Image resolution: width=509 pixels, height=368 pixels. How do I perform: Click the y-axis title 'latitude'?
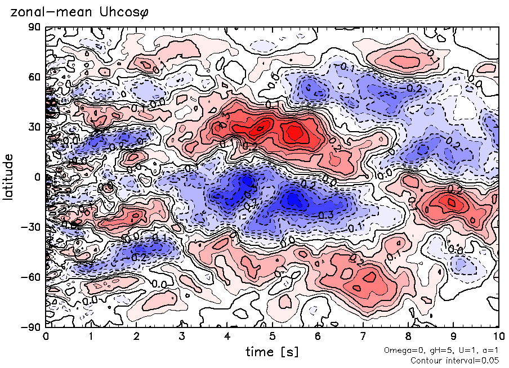pos(8,177)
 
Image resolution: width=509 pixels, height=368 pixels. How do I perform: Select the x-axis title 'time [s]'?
pos(272,352)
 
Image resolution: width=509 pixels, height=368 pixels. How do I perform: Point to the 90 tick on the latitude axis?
pos(34,26)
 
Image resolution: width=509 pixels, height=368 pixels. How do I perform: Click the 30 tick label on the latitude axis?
pos(34,127)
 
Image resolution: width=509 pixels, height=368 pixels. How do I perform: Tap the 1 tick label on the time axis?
pos(91,337)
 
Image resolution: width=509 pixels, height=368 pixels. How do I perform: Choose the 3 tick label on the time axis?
pos(181,337)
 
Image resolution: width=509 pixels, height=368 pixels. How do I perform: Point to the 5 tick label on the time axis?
pos(272,337)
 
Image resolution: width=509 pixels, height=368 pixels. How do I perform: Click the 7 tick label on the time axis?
pos(363,337)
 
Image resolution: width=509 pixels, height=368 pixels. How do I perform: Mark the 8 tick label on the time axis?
pos(408,337)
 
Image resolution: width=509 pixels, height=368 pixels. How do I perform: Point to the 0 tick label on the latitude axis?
pos(37,177)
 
